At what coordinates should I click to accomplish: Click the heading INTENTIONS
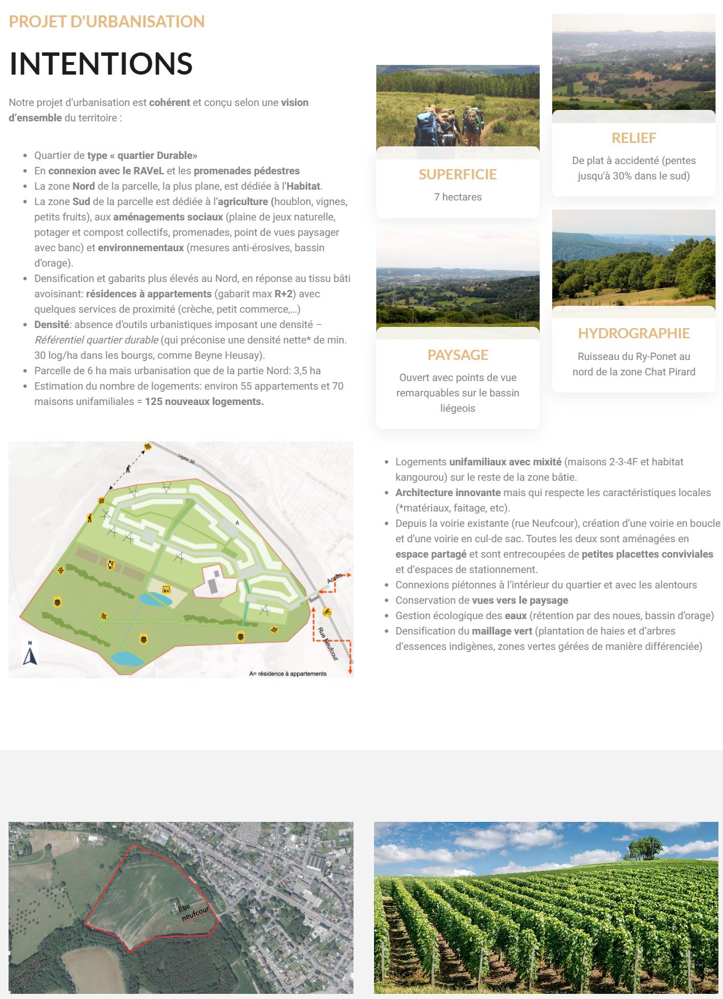coord(101,63)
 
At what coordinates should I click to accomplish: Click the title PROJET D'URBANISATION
coord(106,22)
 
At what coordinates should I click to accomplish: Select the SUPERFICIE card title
coord(458,174)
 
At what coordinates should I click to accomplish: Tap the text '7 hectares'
coord(458,197)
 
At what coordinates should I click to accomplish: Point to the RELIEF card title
coord(634,138)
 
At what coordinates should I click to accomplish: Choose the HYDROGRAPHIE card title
coord(634,333)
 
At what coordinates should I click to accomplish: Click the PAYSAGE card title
coord(458,355)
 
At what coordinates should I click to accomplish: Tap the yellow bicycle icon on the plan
coord(327,612)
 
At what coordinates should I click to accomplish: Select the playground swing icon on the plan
coord(167,589)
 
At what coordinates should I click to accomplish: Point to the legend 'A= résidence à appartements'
coord(287,674)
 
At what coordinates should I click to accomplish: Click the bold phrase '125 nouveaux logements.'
coord(204,402)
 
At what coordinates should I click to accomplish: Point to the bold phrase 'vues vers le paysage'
coord(520,600)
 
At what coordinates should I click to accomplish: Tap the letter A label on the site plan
coord(237,522)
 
